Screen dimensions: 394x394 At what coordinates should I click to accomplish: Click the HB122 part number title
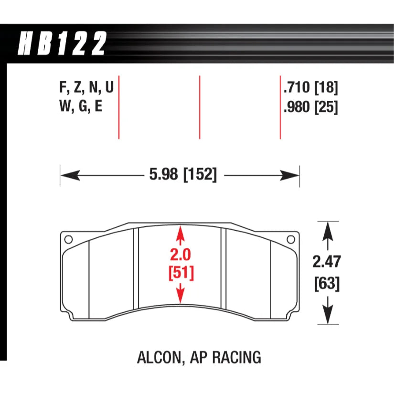(x=62, y=44)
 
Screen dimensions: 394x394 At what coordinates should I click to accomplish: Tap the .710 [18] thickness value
(x=310, y=88)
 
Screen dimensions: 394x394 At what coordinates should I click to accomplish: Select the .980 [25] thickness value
(x=310, y=108)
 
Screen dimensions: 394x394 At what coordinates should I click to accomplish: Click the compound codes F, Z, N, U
(x=86, y=88)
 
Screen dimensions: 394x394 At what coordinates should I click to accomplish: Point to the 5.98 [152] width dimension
(x=183, y=175)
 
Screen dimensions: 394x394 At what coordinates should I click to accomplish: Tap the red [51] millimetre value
(x=180, y=274)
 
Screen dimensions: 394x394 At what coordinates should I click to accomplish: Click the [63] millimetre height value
(x=328, y=284)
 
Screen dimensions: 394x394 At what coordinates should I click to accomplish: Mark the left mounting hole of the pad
(x=68, y=239)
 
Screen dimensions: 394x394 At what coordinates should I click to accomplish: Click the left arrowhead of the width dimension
(x=67, y=176)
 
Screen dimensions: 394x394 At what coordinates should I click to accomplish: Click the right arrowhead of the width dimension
(x=292, y=176)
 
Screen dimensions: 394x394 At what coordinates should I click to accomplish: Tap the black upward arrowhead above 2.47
(x=328, y=230)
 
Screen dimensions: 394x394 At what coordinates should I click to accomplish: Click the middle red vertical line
(x=200, y=107)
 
